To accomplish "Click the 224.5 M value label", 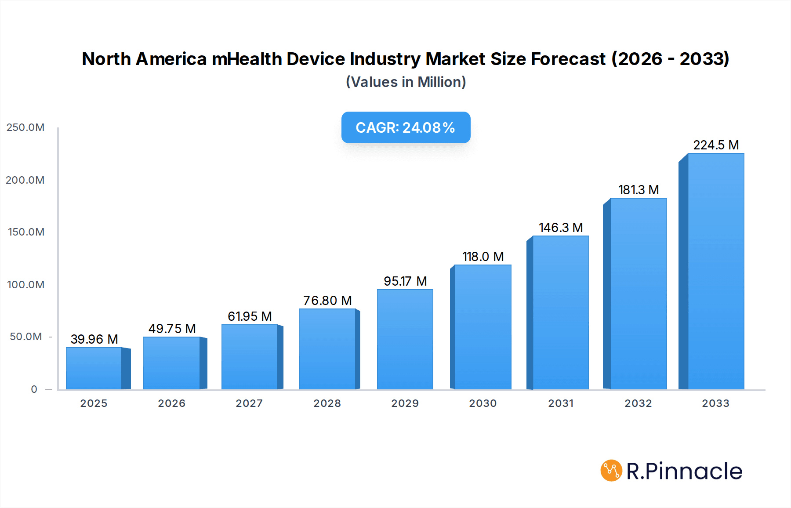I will (x=716, y=145).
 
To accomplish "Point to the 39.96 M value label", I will (x=94, y=339).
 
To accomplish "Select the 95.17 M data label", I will (x=405, y=281).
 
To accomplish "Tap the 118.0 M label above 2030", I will (x=483, y=257).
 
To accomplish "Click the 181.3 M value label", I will (x=638, y=190).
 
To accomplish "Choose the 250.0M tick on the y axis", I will (x=25, y=127).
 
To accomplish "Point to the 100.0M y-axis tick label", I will (x=25, y=285).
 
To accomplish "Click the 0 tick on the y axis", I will (x=34, y=389).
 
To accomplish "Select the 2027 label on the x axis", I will (x=249, y=403).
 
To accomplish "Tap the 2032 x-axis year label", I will (x=638, y=403).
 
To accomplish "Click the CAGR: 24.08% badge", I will (x=406, y=127).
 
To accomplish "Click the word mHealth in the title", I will (x=247, y=59).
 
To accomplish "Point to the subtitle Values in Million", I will (x=406, y=82).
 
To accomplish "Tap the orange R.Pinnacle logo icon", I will (x=611, y=471).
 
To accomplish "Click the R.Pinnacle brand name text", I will (x=684, y=471).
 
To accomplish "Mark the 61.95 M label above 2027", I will (x=250, y=316).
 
